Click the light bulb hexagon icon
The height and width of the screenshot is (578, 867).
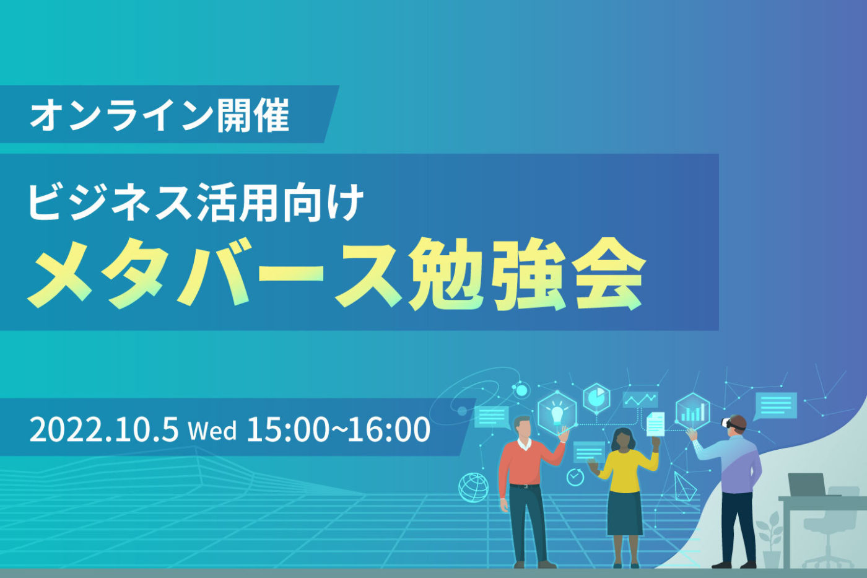click(x=557, y=411)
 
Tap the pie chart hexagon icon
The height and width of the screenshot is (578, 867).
click(x=597, y=397)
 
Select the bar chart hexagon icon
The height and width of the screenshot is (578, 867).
click(x=692, y=411)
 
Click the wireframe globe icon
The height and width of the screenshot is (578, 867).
click(x=473, y=487)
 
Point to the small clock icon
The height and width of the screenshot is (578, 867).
click(x=575, y=477)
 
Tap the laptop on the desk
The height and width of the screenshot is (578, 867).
click(x=807, y=484)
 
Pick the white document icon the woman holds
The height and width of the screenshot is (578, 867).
click(x=655, y=424)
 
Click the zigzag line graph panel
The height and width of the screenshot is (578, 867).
click(x=640, y=400)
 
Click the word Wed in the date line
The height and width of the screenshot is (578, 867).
click(x=212, y=430)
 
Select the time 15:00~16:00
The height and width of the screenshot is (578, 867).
click(x=338, y=429)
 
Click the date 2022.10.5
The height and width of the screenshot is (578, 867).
click(x=104, y=429)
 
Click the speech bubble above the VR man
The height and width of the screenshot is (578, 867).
click(x=775, y=405)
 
